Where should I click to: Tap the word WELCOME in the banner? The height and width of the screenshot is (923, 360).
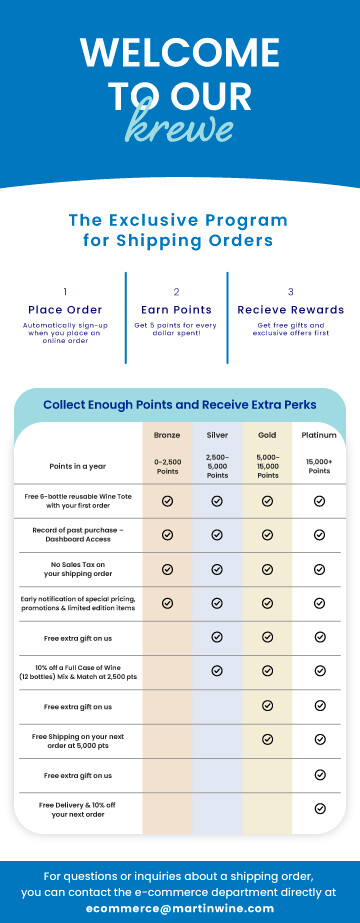coord(180,52)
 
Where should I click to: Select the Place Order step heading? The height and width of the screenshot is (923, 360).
coord(65,310)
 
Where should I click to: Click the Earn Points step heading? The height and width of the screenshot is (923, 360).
coord(177,310)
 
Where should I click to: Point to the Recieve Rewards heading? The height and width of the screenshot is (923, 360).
coord(291,310)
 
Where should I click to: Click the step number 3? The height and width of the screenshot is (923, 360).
coord(291,292)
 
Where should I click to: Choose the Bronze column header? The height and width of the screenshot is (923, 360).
coord(167,435)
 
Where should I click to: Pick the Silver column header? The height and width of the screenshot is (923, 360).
coord(217,435)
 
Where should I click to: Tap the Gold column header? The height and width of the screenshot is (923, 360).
coord(267,435)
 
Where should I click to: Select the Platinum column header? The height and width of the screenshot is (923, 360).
coord(319,435)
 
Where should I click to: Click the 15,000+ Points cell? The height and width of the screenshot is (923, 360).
coord(319,466)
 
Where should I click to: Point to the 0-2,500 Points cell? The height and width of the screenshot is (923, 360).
coord(167,466)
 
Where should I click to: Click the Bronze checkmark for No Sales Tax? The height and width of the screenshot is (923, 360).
coord(167,568)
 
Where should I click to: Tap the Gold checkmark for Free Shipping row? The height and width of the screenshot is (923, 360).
coord(267,739)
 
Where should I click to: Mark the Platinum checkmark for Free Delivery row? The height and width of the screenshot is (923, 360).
coord(320,808)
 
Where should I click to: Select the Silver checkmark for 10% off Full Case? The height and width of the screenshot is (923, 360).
coord(217,671)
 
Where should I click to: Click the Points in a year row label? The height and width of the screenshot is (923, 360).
coord(77,466)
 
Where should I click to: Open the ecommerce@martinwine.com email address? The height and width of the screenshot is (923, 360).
coord(180,908)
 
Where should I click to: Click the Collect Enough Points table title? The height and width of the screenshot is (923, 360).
coord(180,405)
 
